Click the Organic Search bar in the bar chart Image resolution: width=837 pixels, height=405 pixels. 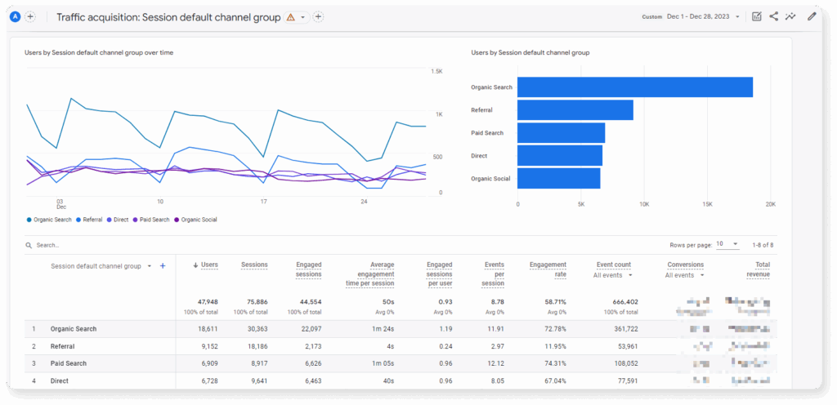[634, 87]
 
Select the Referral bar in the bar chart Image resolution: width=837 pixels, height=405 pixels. [575, 109]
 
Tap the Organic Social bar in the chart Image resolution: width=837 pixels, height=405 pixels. [558, 178]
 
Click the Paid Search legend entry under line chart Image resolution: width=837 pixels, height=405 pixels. [154, 220]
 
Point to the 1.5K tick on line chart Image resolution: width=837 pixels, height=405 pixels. [436, 72]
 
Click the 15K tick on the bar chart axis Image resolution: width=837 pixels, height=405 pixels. [707, 204]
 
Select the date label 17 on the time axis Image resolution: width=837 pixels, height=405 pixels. [263, 201]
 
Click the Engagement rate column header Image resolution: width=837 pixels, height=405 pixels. [548, 269]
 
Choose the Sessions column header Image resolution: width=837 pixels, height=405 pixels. [254, 265]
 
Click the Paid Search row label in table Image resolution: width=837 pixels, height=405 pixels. [69, 363]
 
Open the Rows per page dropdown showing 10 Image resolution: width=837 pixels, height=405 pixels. [727, 244]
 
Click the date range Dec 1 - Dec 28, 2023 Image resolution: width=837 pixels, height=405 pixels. [702, 16]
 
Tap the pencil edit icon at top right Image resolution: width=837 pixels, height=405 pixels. [812, 16]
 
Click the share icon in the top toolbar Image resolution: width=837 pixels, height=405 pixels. [773, 16]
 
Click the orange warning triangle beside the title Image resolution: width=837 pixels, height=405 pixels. [291, 17]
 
